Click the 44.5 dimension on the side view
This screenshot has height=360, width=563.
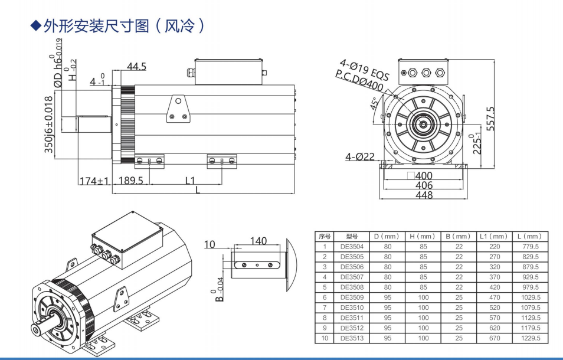point(136,67)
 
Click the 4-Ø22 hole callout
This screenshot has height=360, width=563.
point(360,156)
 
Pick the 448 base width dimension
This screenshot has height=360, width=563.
point(424,195)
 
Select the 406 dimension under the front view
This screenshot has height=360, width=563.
point(424,185)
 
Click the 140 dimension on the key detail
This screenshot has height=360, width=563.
point(258,241)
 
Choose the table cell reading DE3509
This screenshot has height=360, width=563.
point(352,297)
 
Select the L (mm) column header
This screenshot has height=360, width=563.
point(529,236)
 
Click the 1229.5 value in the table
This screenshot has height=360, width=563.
point(529,338)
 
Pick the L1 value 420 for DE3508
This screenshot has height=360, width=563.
point(494,287)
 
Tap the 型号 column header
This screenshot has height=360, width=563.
point(352,236)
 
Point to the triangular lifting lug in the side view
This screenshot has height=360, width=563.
point(178,108)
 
